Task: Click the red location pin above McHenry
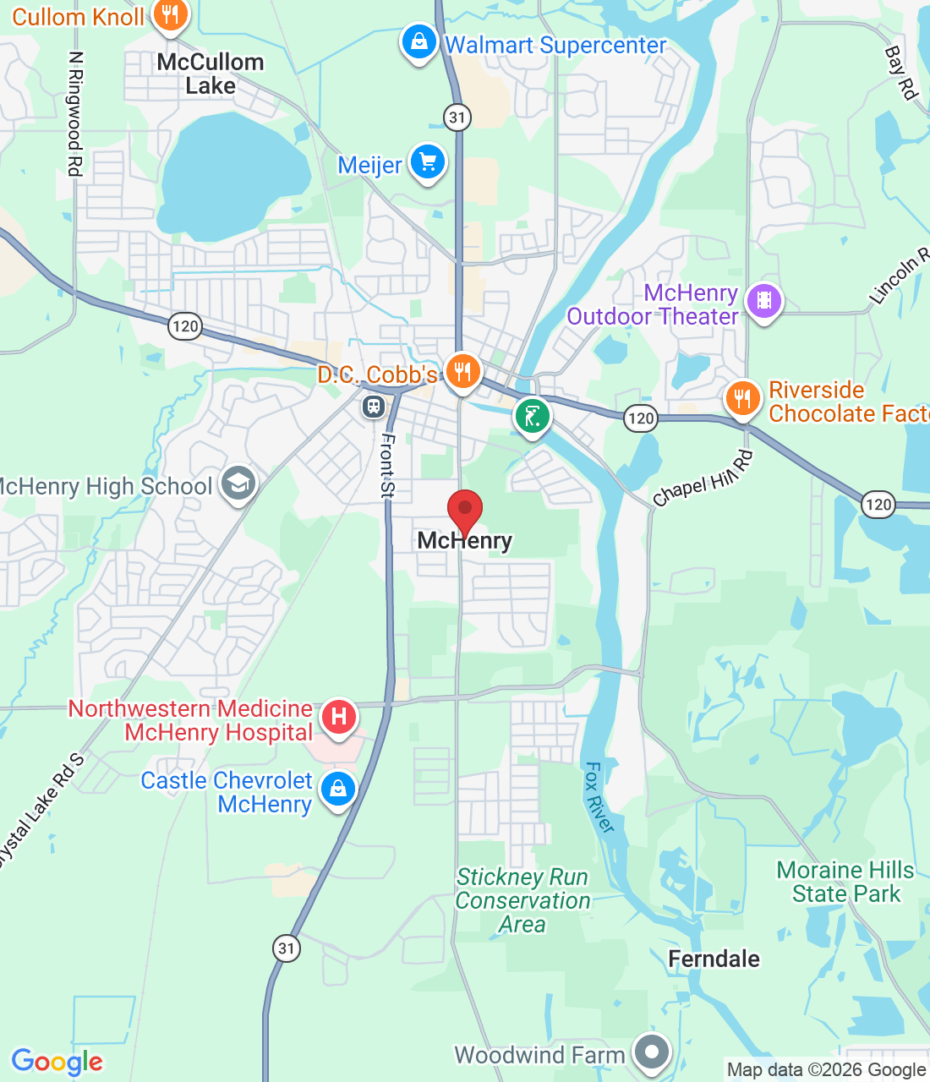click(464, 511)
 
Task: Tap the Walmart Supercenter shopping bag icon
click(418, 41)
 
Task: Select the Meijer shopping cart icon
click(428, 161)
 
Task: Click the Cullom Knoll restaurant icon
click(171, 14)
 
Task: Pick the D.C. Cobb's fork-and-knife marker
click(462, 370)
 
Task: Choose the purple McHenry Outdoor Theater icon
click(764, 301)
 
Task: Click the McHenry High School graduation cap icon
click(238, 484)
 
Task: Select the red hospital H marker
click(338, 718)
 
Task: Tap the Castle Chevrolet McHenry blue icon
click(337, 790)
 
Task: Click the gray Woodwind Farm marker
click(652, 1053)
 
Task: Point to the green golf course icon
click(532, 416)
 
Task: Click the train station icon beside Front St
click(373, 407)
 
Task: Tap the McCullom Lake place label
click(211, 74)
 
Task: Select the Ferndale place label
click(714, 959)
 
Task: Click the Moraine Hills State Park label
click(845, 882)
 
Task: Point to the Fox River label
click(599, 797)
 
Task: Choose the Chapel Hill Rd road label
click(703, 478)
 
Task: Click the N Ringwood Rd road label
click(75, 114)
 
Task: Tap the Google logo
click(57, 1062)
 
